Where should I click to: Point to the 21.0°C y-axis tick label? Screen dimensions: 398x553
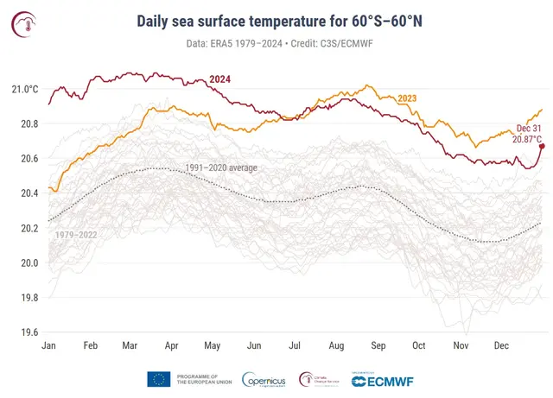tap(24, 90)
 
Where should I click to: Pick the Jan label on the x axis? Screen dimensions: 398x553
tap(48, 345)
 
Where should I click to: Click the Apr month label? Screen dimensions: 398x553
tap(171, 345)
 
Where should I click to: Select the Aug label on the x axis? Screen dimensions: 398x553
tap(336, 345)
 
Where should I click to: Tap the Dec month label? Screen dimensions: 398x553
tap(501, 345)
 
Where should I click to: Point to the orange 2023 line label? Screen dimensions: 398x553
tap(406, 98)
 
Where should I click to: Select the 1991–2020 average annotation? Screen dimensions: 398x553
tap(221, 167)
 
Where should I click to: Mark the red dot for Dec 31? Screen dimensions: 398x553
tap(542, 146)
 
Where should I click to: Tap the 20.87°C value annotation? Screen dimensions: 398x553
tap(526, 138)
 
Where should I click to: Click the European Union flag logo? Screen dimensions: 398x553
tap(158, 378)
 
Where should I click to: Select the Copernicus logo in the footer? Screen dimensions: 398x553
tap(265, 379)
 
